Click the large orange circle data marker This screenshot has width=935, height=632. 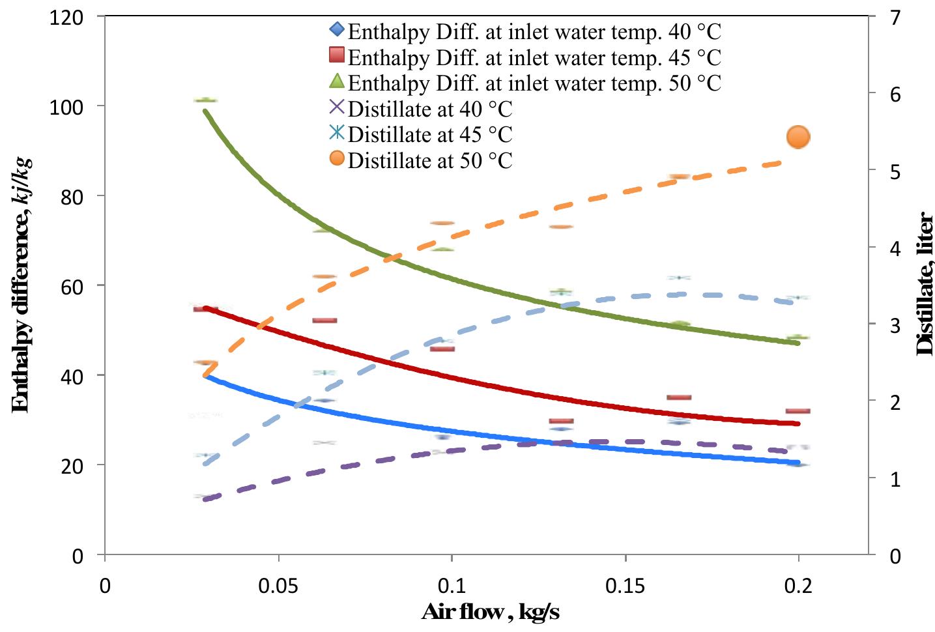(798, 137)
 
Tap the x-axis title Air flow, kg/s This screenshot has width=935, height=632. (490, 612)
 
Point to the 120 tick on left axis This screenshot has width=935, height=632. (66, 18)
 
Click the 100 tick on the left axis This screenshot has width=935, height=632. (66, 107)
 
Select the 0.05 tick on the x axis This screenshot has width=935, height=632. (278, 586)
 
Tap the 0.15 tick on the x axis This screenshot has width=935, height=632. (626, 586)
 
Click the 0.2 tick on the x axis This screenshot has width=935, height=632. (798, 586)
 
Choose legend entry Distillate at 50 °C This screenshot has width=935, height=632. (430, 160)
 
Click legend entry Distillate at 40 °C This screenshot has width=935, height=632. (430, 109)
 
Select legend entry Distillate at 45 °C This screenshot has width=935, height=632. (430, 134)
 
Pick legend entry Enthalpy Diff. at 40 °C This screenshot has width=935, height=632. (534, 31)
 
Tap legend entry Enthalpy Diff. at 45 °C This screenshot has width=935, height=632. (534, 57)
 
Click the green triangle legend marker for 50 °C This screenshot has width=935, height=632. (336, 81)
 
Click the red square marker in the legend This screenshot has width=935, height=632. (336, 56)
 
